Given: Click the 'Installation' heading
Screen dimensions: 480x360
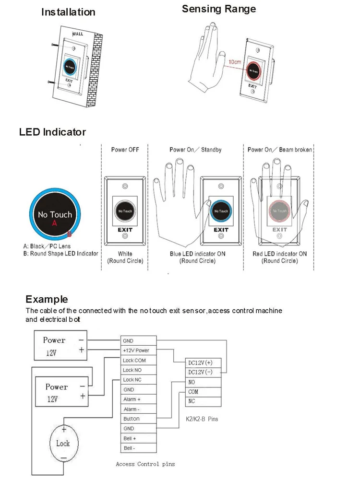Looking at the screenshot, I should (x=68, y=12).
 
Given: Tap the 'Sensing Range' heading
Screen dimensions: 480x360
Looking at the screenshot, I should (x=219, y=9).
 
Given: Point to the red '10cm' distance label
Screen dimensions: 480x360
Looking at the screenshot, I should (x=234, y=62).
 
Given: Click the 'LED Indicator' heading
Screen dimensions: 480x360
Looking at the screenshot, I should (x=52, y=132).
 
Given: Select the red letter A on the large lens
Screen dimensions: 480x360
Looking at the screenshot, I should (x=55, y=223).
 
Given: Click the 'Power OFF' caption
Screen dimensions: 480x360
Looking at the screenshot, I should (x=125, y=150).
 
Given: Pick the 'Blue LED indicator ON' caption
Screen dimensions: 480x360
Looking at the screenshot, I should (x=197, y=254).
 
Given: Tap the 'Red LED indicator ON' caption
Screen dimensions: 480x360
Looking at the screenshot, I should (x=279, y=254).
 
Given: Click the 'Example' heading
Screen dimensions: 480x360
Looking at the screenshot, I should (x=47, y=300).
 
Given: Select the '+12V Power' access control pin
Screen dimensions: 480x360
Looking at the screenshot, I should (x=138, y=351).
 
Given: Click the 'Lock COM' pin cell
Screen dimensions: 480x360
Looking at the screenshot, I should (x=138, y=360).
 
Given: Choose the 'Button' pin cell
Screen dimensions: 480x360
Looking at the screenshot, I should (x=138, y=419).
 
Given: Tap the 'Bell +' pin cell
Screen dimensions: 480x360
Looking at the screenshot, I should (x=138, y=438).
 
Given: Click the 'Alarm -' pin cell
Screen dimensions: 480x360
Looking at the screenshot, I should (x=138, y=409).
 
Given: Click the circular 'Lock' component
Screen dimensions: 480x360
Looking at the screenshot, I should (x=63, y=444).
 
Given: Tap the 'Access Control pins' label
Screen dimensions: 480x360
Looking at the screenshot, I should (x=145, y=464).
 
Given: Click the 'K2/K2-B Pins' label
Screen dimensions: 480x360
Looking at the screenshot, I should (x=202, y=419).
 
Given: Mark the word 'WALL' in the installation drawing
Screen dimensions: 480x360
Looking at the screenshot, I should (x=78, y=34).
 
